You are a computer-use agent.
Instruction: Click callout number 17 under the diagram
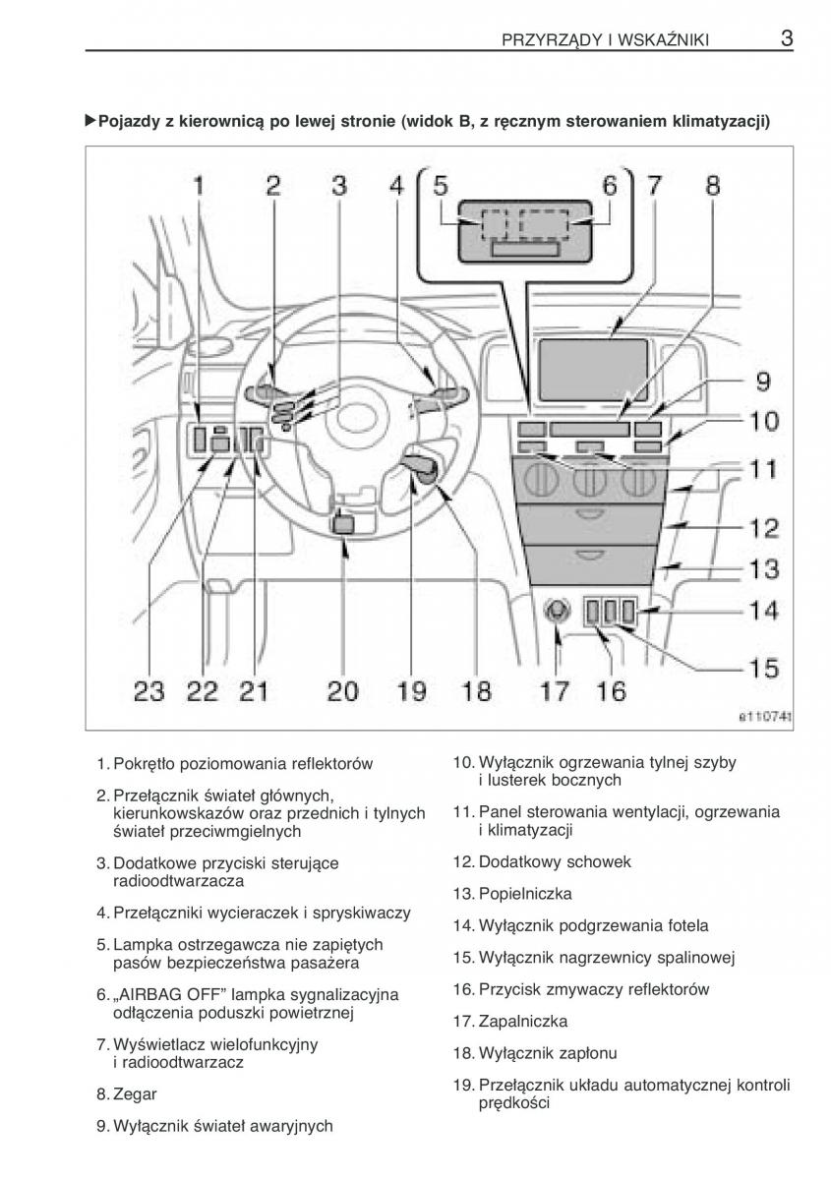pos(555,691)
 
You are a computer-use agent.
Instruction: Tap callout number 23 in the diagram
pos(149,691)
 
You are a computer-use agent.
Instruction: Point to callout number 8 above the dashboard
pos(712,185)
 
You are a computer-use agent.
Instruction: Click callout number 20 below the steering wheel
pos(342,691)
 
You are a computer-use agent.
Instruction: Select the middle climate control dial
pos(590,482)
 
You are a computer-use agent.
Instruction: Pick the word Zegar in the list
pos(135,1093)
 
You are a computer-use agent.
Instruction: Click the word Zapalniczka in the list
pos(522,1021)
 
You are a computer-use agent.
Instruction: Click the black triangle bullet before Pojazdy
pos(91,121)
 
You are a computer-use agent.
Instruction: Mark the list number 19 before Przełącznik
pos(462,1086)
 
